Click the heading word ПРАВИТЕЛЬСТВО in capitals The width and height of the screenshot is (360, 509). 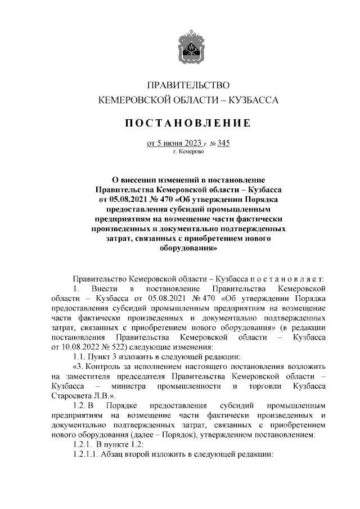click(x=188, y=85)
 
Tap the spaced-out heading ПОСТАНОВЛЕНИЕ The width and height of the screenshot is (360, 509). click(x=188, y=123)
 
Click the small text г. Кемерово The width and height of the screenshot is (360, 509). click(x=188, y=152)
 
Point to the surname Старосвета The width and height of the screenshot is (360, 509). click(x=70, y=396)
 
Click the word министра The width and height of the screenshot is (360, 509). click(x=129, y=386)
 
